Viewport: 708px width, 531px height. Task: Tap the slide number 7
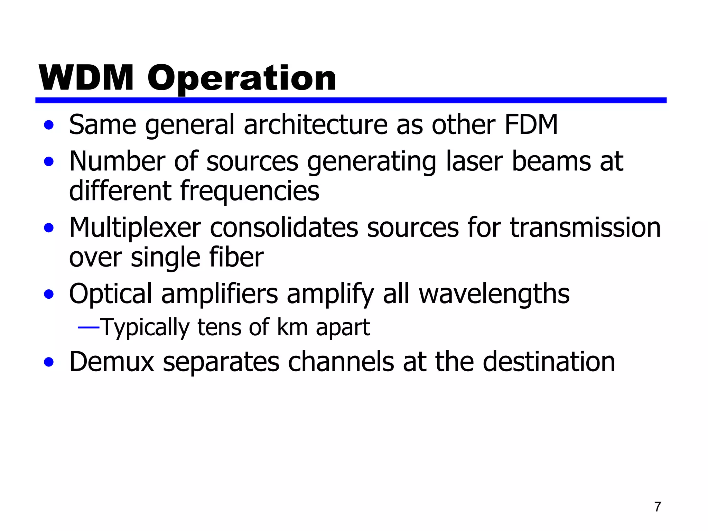[x=658, y=507]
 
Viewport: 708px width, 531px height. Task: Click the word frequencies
[x=250, y=191]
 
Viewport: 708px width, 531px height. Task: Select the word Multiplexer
[x=135, y=228]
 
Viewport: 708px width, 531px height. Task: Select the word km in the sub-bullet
[x=292, y=327]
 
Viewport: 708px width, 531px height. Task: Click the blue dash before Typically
[x=88, y=327]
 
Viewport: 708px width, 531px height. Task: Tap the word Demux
[x=112, y=362]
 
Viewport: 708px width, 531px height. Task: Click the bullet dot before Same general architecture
[x=49, y=125]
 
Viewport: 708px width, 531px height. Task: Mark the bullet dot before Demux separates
[x=49, y=362]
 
